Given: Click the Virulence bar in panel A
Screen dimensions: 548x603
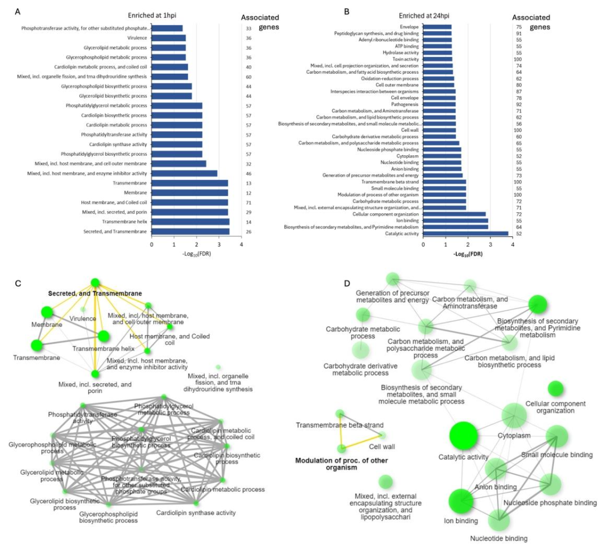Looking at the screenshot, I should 168,37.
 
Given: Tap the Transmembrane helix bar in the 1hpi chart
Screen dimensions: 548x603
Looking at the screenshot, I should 190,222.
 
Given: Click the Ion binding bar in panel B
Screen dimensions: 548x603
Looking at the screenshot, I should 455,220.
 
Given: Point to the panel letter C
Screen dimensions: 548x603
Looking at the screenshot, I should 18,283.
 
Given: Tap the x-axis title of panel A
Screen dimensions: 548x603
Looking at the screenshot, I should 196,254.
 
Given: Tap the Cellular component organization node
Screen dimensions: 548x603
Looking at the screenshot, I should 555,388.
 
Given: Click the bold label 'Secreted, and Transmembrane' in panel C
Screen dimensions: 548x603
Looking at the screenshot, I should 94,293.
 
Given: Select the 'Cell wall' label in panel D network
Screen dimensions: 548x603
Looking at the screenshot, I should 382,446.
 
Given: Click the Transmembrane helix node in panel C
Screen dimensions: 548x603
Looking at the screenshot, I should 103,336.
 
